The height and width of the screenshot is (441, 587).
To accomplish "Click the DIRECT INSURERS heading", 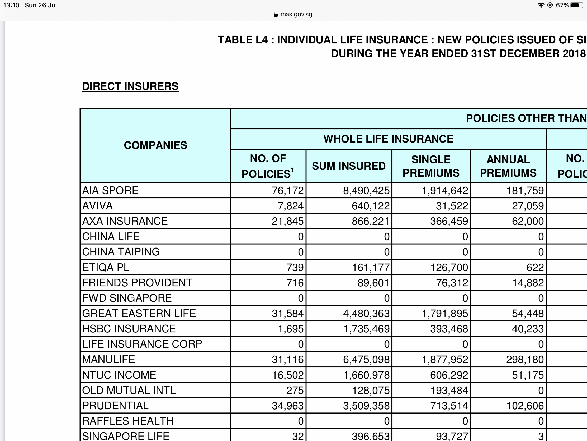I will tap(130, 86).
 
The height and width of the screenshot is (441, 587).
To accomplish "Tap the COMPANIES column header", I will tap(155, 145).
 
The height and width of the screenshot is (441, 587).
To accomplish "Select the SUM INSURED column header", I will tap(348, 166).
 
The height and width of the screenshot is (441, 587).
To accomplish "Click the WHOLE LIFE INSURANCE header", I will tap(388, 139).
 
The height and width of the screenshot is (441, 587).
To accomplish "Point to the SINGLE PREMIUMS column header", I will tap(431, 166).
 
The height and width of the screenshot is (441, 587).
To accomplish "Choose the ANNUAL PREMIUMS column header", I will tap(508, 166).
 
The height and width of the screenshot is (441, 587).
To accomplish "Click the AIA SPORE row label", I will tap(110, 190).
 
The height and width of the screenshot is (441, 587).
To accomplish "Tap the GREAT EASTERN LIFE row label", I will tap(139, 313).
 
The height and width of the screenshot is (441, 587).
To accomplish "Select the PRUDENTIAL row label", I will tap(115, 406).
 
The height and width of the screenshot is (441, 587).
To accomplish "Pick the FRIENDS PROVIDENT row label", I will tap(137, 283).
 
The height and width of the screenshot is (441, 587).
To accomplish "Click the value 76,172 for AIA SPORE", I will tap(287, 191).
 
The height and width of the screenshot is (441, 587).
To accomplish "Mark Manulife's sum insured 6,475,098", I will tap(366, 360).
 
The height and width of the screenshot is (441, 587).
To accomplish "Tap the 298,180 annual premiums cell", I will tap(525, 360).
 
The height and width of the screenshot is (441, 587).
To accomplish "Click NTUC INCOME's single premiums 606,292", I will tap(449, 375).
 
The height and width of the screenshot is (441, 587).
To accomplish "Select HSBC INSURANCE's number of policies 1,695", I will tap(290, 329).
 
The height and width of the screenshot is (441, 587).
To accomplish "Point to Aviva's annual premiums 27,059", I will tap(528, 206).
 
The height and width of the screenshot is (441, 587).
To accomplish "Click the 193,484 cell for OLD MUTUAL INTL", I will tap(449, 391).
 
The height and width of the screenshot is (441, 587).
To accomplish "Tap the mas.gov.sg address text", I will tap(296, 14).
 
